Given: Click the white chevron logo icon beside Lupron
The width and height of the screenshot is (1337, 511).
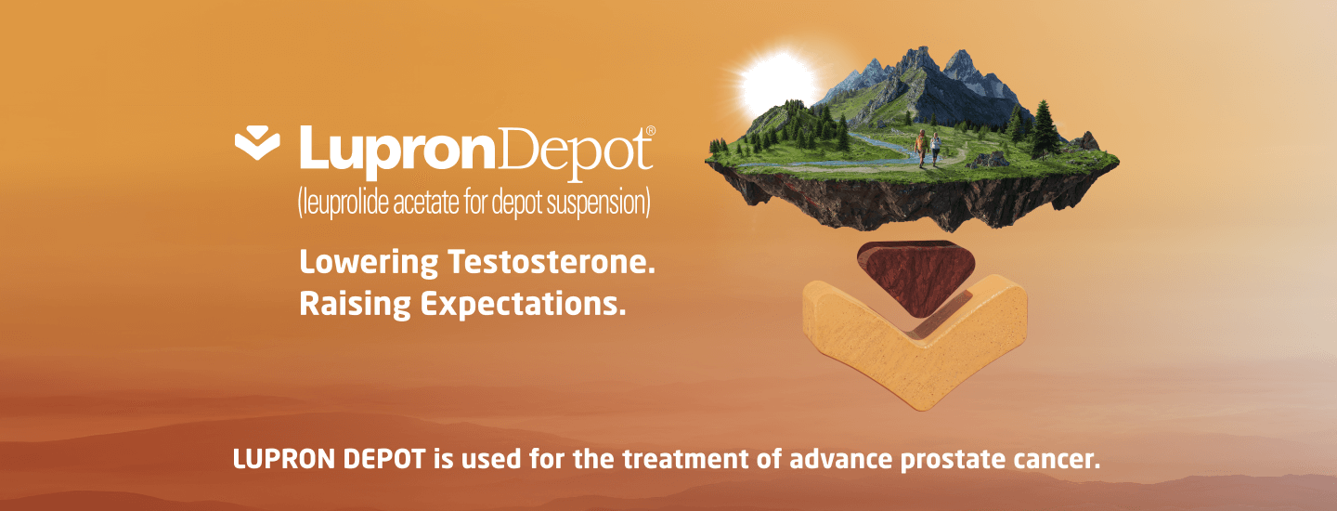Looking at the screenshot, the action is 256,143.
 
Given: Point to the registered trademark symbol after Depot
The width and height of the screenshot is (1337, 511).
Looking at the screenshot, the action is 651,131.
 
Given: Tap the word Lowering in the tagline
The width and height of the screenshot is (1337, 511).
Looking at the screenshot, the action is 369,263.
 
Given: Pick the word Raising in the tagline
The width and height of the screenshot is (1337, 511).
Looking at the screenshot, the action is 355,305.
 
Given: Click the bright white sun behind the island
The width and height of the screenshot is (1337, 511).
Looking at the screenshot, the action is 777,85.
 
